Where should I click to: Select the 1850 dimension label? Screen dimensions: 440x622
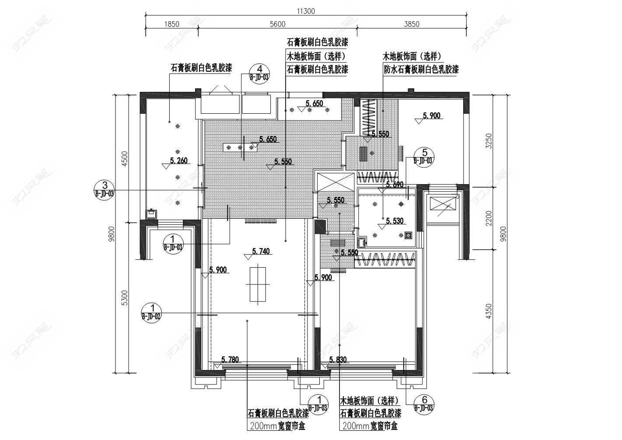(171, 24)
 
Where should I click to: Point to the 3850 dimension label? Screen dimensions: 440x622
(411, 24)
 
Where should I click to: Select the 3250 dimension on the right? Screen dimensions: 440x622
(489, 141)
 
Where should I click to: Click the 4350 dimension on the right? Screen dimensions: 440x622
(489, 311)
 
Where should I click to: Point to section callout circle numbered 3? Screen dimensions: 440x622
(105, 189)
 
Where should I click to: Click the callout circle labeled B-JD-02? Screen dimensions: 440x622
(152, 312)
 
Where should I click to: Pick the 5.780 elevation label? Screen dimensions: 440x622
(230, 360)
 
